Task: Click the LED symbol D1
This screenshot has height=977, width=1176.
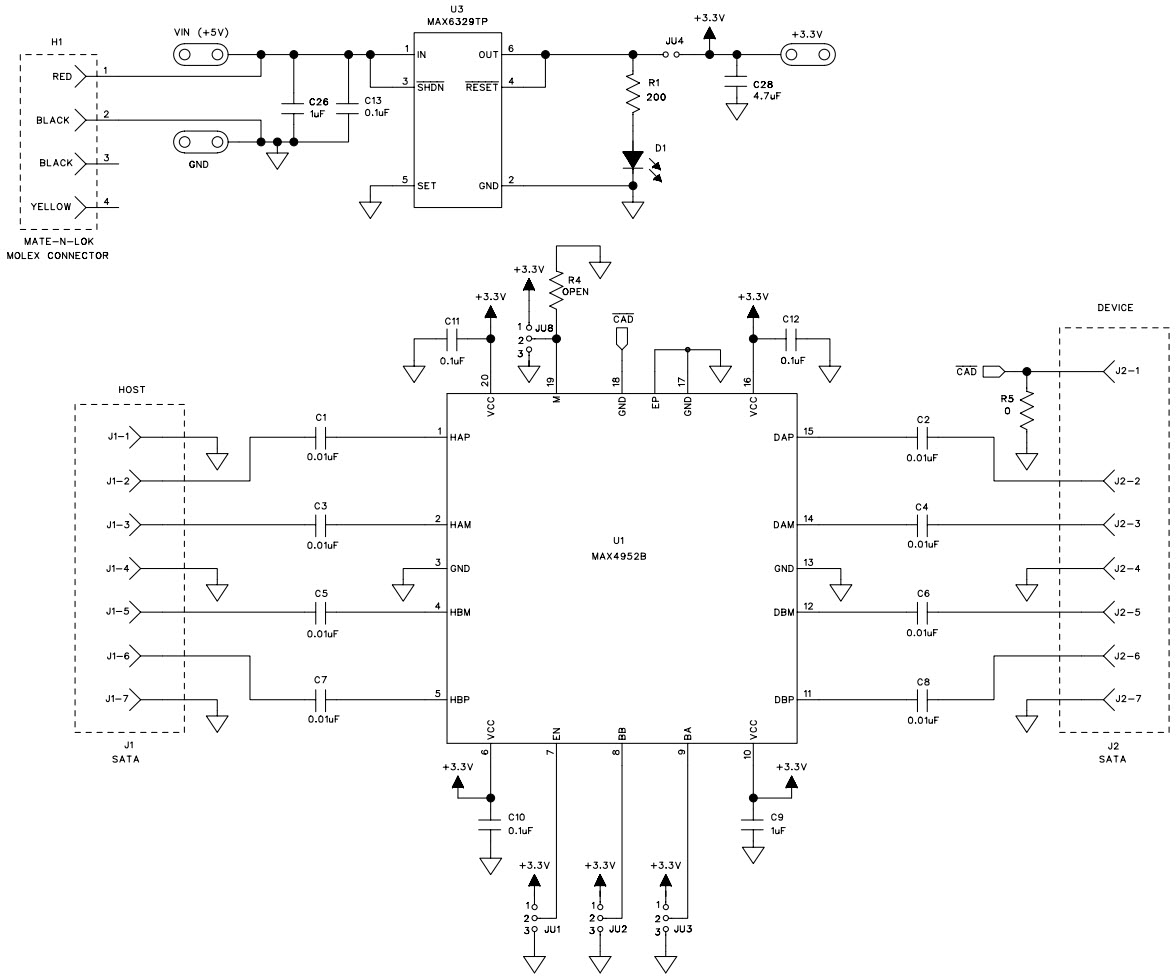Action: click(x=632, y=160)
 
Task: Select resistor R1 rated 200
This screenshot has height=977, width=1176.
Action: click(x=632, y=94)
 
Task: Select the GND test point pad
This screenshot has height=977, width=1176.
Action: click(x=198, y=143)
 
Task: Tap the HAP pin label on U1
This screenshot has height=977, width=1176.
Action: click(x=461, y=438)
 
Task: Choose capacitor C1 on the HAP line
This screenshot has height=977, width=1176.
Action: click(x=321, y=437)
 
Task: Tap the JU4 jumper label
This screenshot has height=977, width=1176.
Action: click(x=674, y=41)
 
